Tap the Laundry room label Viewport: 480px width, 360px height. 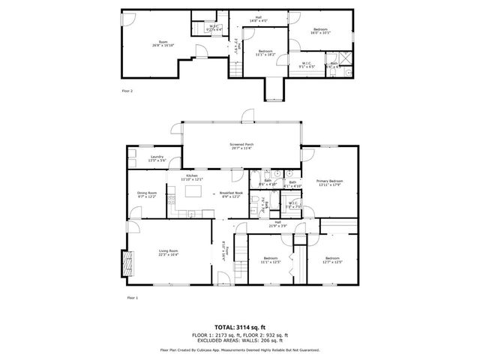pos(157,158)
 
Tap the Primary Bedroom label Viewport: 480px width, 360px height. pos(329,182)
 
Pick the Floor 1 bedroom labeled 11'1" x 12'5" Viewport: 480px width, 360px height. pos(271,262)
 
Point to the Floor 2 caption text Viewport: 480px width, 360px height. pos(127,91)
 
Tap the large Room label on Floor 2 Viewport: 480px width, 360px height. pos(163,43)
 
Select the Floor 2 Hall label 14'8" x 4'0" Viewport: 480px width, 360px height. pos(258,19)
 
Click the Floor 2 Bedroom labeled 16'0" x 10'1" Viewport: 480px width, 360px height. pos(320,31)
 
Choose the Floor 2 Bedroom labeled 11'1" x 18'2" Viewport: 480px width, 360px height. pos(265,53)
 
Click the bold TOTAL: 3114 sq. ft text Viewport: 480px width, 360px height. pos(240,327)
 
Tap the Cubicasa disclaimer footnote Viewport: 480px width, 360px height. pos(240,350)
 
